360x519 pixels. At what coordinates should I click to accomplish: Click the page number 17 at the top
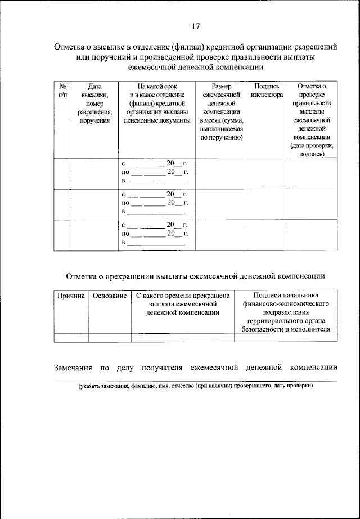tap(195, 26)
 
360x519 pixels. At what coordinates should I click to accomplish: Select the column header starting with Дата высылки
tap(94, 104)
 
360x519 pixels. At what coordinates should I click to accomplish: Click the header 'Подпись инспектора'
tap(267, 91)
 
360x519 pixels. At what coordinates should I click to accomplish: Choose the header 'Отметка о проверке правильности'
tap(312, 120)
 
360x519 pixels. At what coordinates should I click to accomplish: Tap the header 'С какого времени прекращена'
tap(182, 305)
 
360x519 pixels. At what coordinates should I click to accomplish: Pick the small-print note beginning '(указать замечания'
tap(195, 387)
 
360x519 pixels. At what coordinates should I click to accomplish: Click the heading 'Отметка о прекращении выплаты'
tap(195, 276)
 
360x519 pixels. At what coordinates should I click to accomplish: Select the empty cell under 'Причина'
tap(70, 338)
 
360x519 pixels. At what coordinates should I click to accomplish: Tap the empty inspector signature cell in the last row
tap(267, 234)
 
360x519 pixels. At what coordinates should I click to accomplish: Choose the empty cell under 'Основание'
tap(109, 338)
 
